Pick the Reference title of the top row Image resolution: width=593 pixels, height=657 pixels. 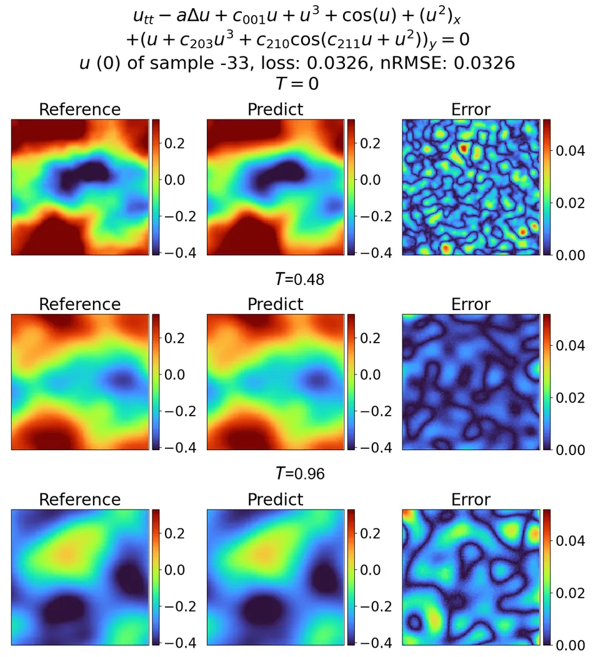pyautogui.click(x=79, y=109)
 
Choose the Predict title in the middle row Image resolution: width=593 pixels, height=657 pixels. pyautogui.click(x=275, y=304)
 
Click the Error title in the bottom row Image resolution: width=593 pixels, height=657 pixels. pyautogui.click(x=471, y=499)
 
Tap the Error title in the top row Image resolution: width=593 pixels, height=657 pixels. pyautogui.click(x=471, y=109)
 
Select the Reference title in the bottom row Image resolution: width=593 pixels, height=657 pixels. pyautogui.click(x=79, y=499)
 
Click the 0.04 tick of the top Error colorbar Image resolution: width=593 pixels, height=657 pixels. pyautogui.click(x=569, y=151)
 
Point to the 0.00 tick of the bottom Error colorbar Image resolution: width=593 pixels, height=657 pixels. pyautogui.click(x=569, y=644)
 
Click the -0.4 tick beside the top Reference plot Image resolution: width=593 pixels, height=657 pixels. pyautogui.click(x=179, y=253)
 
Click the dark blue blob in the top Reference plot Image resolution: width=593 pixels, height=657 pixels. pyautogui.click(x=81, y=175)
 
